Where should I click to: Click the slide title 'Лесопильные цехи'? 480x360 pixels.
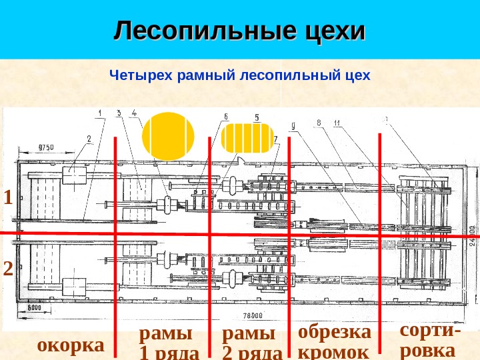tap(240, 31)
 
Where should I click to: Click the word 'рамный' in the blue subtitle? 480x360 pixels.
tap(203, 76)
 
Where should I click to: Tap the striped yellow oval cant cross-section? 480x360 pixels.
tap(247, 139)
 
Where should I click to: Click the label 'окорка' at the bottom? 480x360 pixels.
tap(71, 345)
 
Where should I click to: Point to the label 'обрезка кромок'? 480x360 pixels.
tap(334, 341)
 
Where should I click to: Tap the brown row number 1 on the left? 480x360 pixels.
tap(8, 198)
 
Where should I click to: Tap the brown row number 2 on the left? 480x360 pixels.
tap(8, 269)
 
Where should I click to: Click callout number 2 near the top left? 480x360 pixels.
tap(88, 139)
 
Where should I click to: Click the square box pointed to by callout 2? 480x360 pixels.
tap(75, 177)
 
